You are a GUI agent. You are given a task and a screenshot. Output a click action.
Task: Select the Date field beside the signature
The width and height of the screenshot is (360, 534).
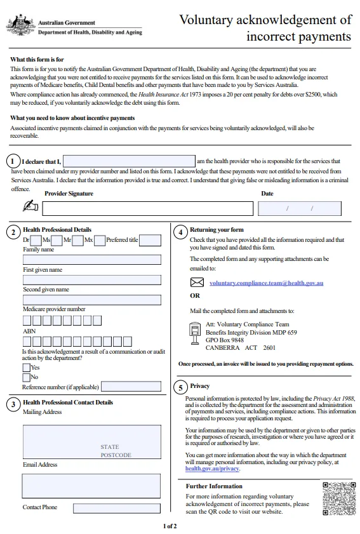pos(300,208)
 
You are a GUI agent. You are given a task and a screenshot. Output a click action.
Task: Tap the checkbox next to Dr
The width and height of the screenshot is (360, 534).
pos(36,241)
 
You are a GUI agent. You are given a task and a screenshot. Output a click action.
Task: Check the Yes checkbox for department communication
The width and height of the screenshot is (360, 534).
pos(26,367)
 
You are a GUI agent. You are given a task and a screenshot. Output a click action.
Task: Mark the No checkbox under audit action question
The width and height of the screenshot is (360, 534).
pos(26,377)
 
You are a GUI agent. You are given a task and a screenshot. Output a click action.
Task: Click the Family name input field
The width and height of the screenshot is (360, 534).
pos(92,260)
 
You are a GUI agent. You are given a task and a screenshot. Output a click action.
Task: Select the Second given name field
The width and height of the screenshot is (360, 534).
pos(92,300)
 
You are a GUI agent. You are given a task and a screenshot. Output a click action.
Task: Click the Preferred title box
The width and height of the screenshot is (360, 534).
pos(150,241)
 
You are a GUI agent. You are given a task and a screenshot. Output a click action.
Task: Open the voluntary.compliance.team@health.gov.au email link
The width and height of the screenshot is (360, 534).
pos(266,283)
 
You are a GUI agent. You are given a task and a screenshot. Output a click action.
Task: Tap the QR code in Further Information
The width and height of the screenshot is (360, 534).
pos(338,498)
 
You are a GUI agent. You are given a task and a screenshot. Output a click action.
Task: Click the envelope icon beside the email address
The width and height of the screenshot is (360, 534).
pos(197,283)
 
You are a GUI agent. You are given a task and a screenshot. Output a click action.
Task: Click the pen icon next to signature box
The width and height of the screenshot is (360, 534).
pos(30,206)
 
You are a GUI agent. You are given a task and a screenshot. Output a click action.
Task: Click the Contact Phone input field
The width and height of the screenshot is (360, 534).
pos(116,508)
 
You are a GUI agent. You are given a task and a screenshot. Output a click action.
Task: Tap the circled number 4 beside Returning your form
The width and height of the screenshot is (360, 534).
pos(180,232)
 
